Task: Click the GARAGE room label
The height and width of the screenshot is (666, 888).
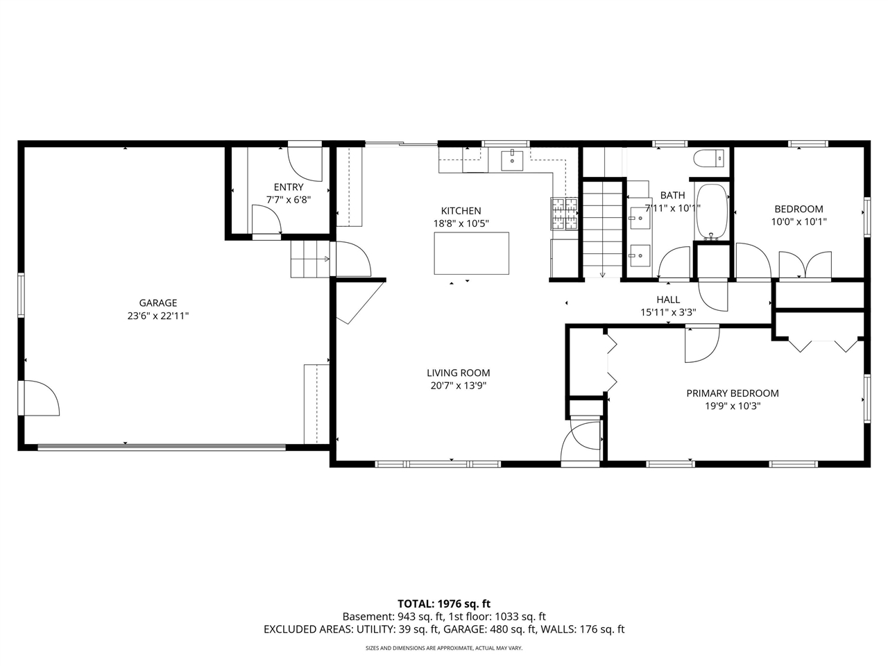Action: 158,302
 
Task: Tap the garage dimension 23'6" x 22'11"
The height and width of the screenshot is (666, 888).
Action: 158,316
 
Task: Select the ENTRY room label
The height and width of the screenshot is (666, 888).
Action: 289,187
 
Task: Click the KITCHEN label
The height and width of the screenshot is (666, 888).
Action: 461,211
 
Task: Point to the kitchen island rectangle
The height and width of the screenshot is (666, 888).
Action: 471,253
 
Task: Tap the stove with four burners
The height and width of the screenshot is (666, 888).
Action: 564,213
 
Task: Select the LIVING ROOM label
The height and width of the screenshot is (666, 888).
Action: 458,373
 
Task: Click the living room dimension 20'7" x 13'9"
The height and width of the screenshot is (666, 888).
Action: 458,386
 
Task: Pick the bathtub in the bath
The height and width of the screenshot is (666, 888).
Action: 711,211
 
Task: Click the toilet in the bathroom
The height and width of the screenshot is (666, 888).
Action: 709,159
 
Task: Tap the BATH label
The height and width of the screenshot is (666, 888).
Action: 672,195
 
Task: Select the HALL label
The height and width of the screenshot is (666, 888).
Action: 668,300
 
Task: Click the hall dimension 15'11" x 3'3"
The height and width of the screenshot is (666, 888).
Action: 668,312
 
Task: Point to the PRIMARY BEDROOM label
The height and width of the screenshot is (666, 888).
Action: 732,393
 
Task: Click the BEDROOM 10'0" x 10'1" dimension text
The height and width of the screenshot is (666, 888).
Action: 799,222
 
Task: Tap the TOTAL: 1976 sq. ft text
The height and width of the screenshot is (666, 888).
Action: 444,604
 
